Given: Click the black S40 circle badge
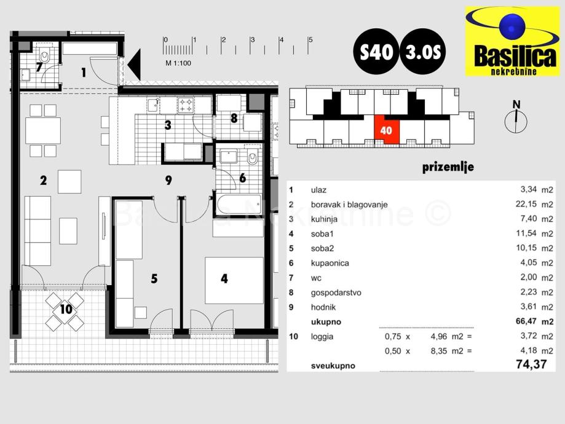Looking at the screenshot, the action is coord(375,52).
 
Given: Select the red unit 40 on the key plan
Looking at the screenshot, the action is coord(387,130).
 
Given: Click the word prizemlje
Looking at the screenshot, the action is coord(448,167).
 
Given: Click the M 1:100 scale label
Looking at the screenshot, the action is coord(178,63).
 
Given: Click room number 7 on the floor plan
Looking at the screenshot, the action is coord(39,67).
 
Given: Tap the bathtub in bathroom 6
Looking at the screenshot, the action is coord(237,203).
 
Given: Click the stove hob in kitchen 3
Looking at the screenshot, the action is coord(186,106).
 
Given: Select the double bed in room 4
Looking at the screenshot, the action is coord(234,280).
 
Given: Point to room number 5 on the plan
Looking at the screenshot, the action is coord(154,279).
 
